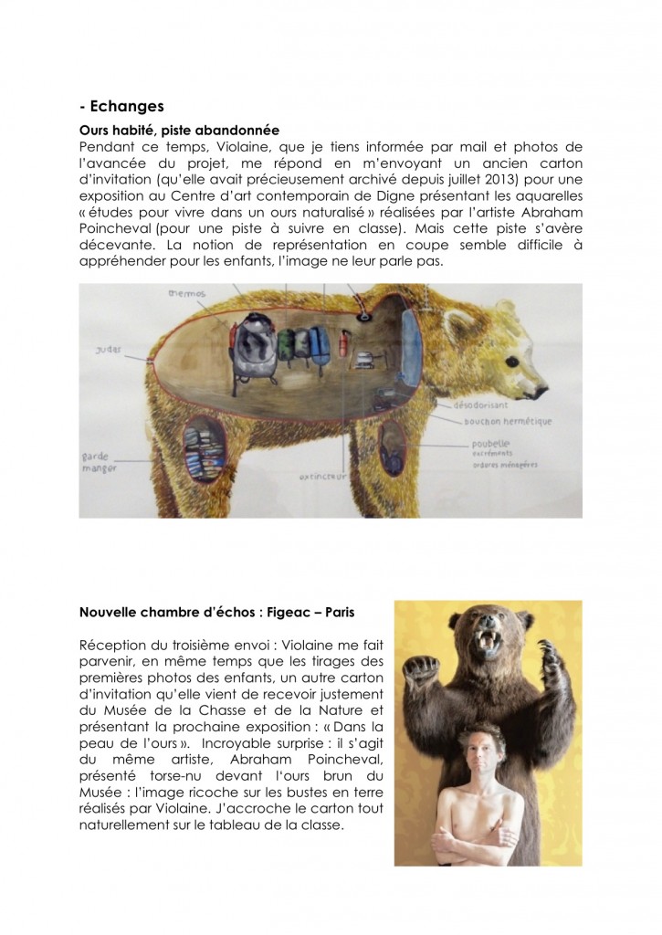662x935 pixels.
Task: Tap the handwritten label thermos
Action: click(186, 294)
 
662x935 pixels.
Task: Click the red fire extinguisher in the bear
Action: click(343, 347)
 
